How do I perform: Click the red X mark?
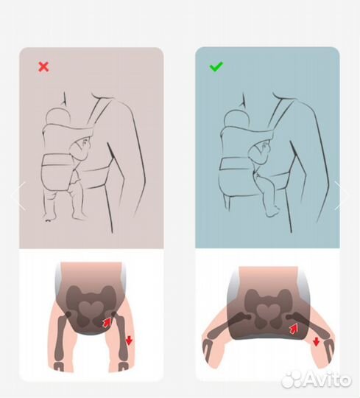43,67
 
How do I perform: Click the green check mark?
216,66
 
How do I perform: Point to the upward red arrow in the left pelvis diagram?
107,323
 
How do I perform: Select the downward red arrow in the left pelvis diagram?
129,341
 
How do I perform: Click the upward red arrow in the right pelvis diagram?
294,329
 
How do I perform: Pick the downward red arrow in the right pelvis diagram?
316,342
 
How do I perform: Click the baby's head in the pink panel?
58,117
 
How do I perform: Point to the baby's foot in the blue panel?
272,212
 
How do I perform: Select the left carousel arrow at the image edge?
18,196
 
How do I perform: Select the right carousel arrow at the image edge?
342,196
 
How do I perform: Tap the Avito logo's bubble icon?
292,380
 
